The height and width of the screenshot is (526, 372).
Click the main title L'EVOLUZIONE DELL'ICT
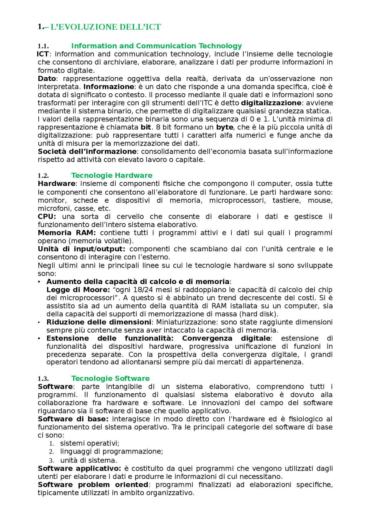coord(105,27)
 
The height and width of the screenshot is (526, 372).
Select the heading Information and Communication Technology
coord(156,46)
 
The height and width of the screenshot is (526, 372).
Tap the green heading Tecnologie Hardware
coord(112,175)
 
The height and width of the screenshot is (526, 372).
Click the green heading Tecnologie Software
coord(110,378)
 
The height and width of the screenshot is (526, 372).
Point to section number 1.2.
coord(43,176)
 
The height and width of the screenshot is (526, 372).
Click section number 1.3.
coord(43,379)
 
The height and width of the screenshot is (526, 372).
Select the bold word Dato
coord(47,79)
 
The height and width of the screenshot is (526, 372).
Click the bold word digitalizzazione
coord(271,103)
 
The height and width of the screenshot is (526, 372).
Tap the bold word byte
coord(224,127)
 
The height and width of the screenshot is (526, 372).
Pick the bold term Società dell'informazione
coord(87,151)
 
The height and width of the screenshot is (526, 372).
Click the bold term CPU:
coord(47,217)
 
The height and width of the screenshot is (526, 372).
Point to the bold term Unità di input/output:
coord(81,249)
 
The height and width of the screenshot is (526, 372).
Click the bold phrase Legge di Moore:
coord(78,290)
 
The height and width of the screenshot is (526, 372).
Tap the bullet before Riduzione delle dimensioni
coord(39,322)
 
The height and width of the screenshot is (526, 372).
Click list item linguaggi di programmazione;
coord(112,451)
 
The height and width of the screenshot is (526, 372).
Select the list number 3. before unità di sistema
coord(51,461)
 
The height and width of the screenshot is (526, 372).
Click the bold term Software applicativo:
coord(79,468)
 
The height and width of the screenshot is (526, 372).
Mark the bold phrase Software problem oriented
coord(93,485)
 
